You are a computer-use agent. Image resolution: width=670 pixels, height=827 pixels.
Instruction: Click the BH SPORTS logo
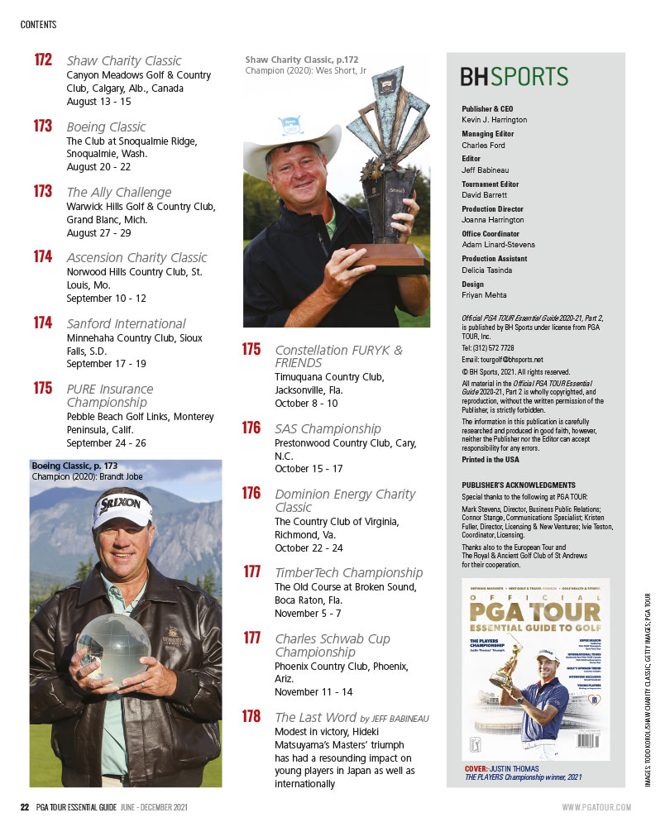tap(514, 77)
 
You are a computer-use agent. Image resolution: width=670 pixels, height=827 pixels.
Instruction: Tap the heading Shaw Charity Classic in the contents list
tap(123, 61)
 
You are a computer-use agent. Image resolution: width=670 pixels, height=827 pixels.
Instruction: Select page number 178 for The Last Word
tap(251, 717)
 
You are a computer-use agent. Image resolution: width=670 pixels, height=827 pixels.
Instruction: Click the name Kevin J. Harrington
tap(494, 120)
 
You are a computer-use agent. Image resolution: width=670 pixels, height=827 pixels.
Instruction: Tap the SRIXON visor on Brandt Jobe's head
tap(123, 506)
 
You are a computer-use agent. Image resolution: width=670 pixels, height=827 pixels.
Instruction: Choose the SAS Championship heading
tap(328, 428)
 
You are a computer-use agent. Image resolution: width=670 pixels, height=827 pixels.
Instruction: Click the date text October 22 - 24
tap(309, 547)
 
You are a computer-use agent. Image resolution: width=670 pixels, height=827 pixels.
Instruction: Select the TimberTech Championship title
tap(348, 572)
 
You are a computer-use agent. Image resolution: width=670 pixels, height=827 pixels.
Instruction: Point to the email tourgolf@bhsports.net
tap(502, 360)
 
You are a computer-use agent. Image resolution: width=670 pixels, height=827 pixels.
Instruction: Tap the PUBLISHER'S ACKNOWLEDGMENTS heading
tap(517, 485)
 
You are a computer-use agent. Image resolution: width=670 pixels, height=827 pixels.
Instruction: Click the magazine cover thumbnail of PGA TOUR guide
tap(535, 669)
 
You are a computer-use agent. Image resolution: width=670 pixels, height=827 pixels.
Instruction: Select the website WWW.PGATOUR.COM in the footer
tap(596, 807)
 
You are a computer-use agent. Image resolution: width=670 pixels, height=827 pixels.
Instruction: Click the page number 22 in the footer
tap(25, 807)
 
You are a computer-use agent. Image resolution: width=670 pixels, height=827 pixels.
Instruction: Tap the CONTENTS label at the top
tap(38, 25)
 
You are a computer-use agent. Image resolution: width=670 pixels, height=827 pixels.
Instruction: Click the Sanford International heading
tap(126, 323)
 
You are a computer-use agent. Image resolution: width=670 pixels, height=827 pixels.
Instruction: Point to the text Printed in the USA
tap(491, 460)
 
